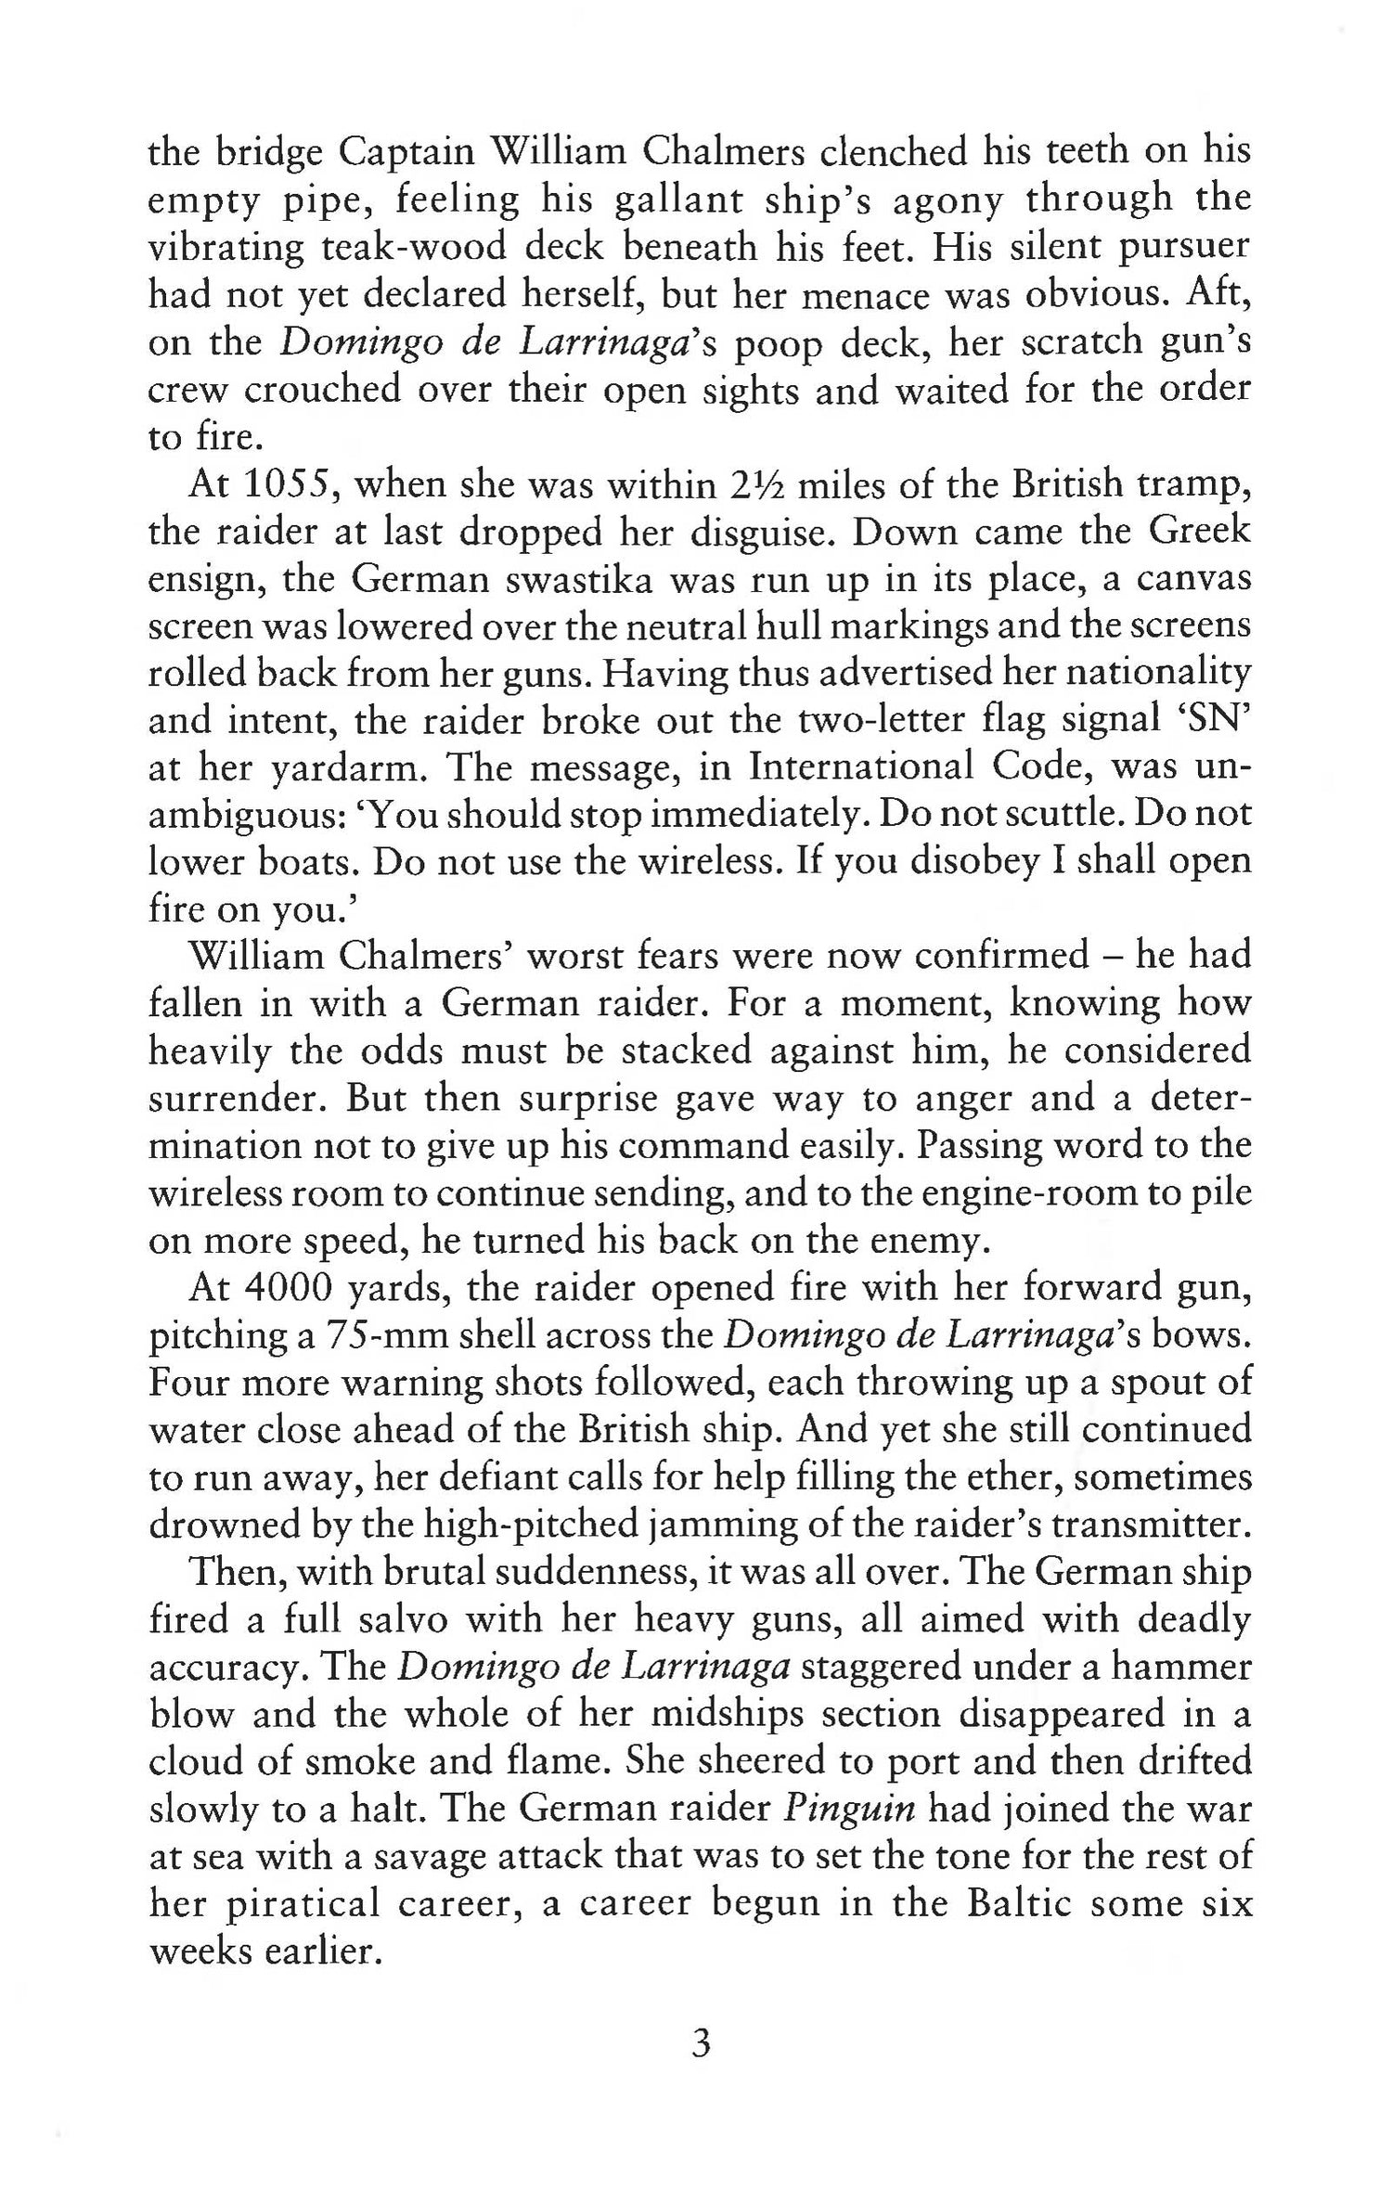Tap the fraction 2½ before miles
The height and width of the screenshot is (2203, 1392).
point(754,484)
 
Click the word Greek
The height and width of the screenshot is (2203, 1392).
point(1200,532)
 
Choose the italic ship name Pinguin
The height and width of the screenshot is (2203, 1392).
point(850,1809)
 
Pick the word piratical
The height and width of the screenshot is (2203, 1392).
point(290,1904)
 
